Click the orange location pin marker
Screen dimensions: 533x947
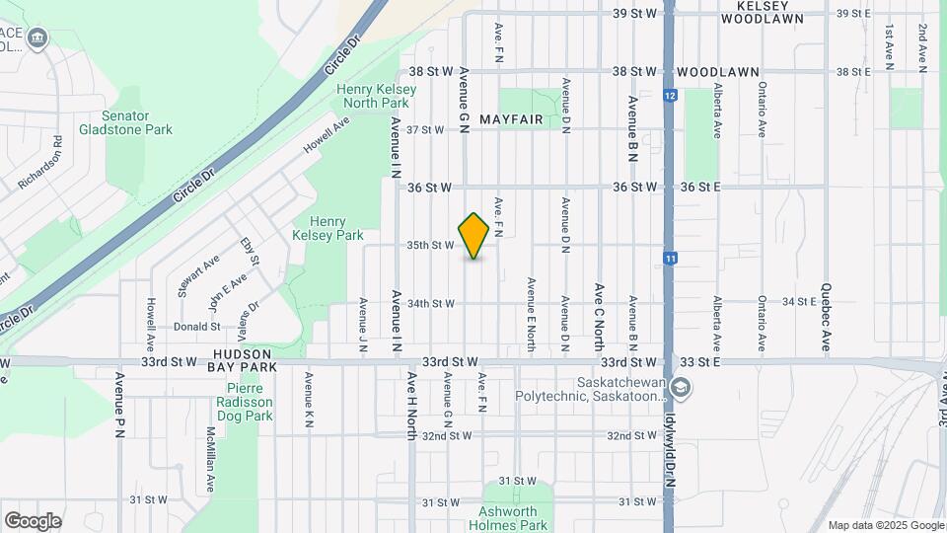point(473,236)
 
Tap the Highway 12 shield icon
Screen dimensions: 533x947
point(670,96)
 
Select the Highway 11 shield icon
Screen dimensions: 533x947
point(670,259)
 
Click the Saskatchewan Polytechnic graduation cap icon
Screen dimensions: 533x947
point(680,387)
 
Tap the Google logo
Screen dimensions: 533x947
point(33,520)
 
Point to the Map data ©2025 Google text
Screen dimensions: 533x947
point(885,525)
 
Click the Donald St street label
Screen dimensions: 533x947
point(196,326)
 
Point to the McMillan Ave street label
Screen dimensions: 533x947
point(211,459)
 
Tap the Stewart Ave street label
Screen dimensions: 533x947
point(205,276)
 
